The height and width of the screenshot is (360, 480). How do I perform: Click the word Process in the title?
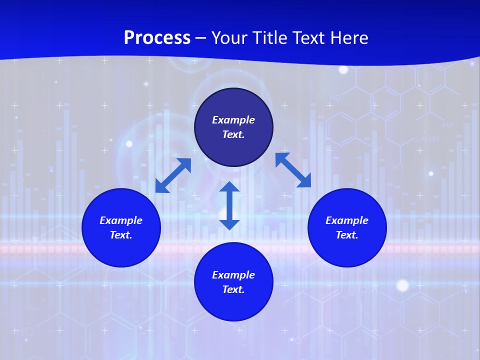click(157, 38)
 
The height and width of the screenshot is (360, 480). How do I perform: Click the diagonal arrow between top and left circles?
click(173, 175)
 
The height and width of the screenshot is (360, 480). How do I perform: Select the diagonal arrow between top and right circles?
click(293, 170)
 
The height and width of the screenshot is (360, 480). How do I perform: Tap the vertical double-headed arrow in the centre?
click(229, 205)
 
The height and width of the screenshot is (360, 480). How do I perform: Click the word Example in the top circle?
click(233, 120)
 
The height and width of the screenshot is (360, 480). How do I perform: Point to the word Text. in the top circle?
click(233, 134)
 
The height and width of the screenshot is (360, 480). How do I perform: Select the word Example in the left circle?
click(121, 220)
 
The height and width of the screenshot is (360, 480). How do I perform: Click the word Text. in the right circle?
click(347, 235)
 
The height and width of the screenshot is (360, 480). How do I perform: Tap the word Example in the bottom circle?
click(233, 275)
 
